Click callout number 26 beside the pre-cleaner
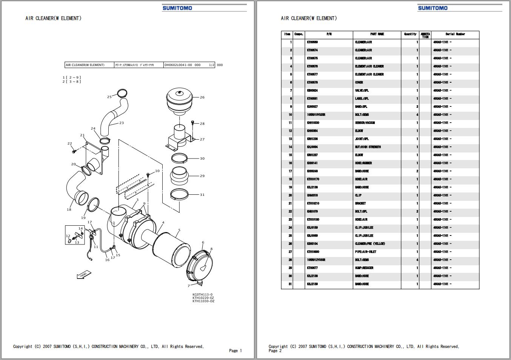[202, 97]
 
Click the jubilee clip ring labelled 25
[122, 92]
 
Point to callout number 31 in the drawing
[202, 195]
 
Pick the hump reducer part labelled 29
[180, 176]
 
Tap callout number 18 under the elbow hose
[69, 209]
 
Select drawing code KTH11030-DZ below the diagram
[203, 301]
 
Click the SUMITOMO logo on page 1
[177, 8]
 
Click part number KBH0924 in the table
[312, 91]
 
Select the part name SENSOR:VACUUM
[365, 123]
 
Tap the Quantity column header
[410, 34]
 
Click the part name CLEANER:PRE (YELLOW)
[370, 244]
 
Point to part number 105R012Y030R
[316, 260]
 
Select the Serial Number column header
[455, 34]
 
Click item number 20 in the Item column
[290, 195]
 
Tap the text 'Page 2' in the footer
[275, 351]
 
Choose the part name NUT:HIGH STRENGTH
[368, 147]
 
